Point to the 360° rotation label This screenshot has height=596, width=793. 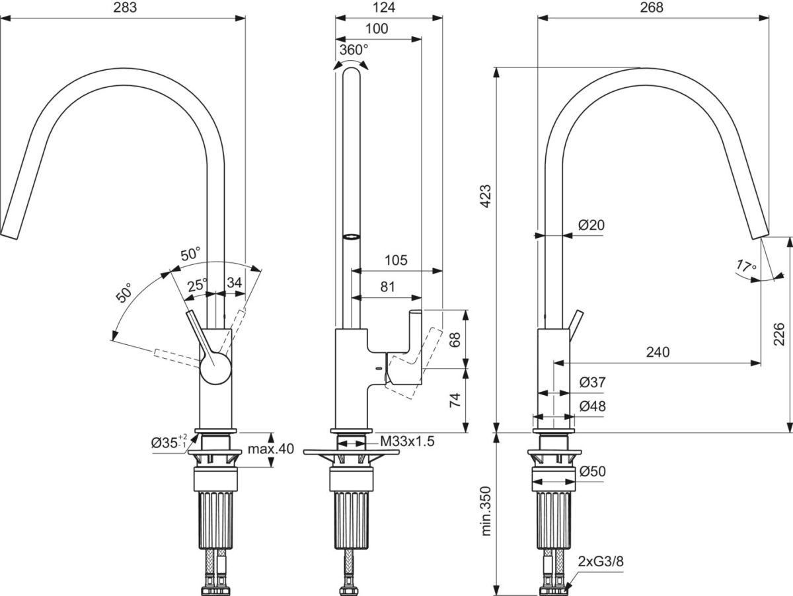click(354, 50)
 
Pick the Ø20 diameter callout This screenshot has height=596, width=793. click(591, 225)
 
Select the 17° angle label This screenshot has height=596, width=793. click(746, 267)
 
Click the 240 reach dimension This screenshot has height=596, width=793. click(658, 352)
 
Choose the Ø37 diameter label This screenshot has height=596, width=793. click(592, 383)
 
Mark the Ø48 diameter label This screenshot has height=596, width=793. click(592, 407)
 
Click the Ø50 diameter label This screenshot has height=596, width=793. click(592, 472)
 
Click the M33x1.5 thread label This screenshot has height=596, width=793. click(406, 442)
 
